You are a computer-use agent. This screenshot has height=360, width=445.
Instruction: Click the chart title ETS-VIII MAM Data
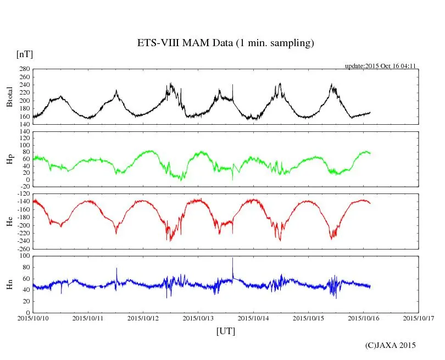[225, 43]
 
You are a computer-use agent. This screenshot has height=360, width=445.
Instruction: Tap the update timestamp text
[380, 66]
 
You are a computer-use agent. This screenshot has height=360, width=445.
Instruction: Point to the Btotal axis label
[9, 97]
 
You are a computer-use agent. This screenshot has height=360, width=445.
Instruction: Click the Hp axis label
[9, 159]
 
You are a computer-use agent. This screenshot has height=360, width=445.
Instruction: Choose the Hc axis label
[9, 221]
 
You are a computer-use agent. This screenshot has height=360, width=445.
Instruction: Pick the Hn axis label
[9, 284]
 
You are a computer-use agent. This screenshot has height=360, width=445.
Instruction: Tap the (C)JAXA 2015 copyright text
[391, 345]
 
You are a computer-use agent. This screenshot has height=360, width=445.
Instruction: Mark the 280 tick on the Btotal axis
[24, 69]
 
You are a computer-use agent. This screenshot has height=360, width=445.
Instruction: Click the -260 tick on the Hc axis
[22, 249]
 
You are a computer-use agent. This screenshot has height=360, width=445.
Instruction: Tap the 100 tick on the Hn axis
[24, 256]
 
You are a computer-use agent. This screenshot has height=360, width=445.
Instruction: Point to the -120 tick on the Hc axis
[22, 194]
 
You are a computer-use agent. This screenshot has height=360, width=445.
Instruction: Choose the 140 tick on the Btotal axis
[24, 125]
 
